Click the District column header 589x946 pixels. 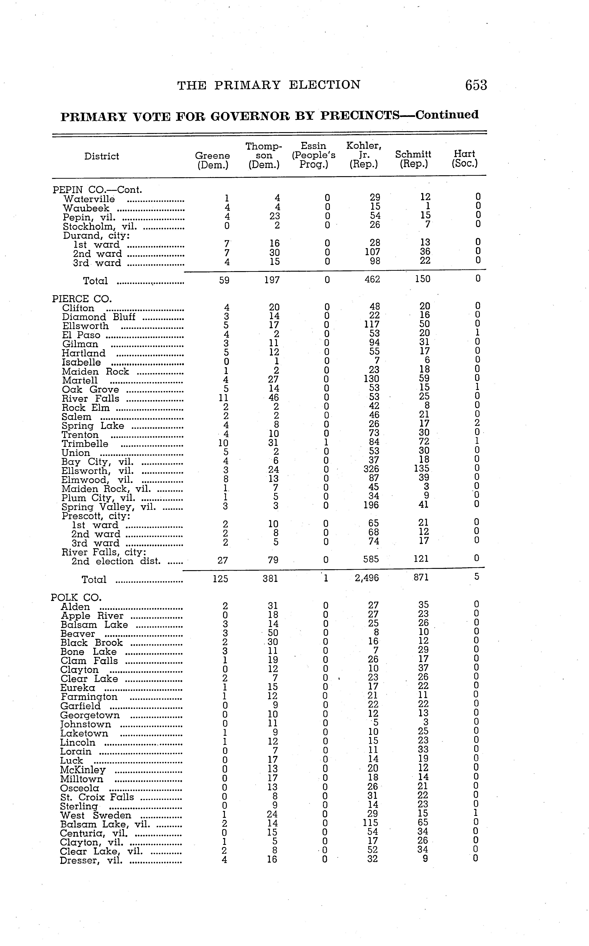pyautogui.click(x=102, y=156)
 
